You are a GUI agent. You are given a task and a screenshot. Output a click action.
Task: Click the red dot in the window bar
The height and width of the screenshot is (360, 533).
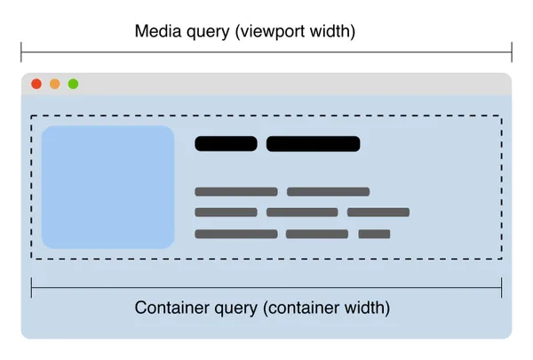click(x=36, y=84)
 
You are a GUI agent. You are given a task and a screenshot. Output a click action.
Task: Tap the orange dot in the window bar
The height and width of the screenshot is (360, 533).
click(x=54, y=84)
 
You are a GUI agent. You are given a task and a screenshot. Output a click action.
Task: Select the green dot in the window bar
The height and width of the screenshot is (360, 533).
click(x=73, y=84)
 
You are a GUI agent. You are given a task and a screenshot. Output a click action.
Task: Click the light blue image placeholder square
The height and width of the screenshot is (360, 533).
click(x=107, y=187)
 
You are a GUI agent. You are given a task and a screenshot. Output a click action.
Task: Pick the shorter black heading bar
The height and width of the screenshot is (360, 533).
click(x=226, y=144)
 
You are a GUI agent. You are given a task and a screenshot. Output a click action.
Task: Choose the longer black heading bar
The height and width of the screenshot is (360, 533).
click(x=313, y=144)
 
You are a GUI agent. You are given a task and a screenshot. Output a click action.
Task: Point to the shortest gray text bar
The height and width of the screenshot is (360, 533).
click(x=374, y=235)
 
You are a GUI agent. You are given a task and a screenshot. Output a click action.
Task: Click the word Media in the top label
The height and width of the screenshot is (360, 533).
click(x=155, y=31)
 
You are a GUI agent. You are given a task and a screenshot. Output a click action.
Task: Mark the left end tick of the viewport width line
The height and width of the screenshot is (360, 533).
click(x=21, y=52)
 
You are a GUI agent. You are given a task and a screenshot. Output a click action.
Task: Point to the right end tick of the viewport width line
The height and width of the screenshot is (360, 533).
click(x=512, y=52)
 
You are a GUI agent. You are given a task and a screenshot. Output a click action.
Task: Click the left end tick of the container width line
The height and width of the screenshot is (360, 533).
click(x=32, y=287)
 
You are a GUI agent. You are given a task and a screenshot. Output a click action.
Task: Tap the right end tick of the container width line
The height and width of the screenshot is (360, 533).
click(x=502, y=287)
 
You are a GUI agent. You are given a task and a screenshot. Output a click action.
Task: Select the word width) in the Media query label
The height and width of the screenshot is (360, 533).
click(x=332, y=31)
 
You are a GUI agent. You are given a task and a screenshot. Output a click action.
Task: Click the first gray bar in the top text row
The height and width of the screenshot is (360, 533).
click(x=236, y=191)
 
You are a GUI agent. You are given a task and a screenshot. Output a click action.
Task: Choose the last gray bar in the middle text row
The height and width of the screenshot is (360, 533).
click(x=378, y=212)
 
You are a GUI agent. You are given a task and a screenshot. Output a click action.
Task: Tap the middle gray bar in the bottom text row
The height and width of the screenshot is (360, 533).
click(x=317, y=235)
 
